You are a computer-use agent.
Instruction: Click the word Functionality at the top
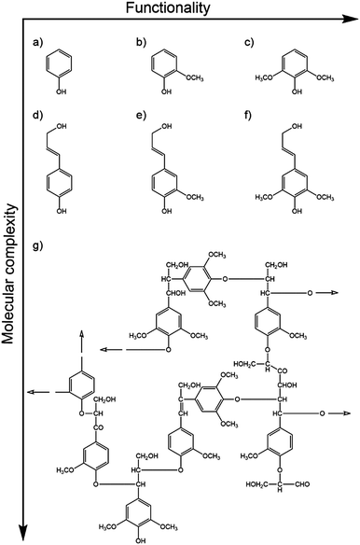[x=198, y=9]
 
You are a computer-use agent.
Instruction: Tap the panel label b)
[x=139, y=44]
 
